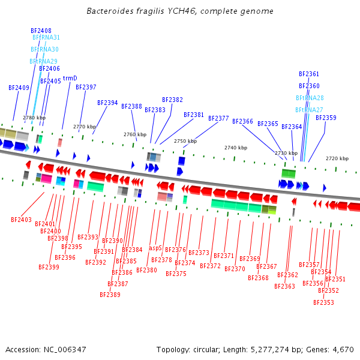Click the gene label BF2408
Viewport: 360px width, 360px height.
tap(41, 31)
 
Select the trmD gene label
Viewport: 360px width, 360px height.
tap(70, 78)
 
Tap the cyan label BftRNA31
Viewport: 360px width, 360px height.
tap(46, 37)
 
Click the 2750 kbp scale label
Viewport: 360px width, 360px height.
tap(185, 141)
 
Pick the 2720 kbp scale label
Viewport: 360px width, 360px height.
tap(337, 158)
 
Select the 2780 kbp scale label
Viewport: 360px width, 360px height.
tap(34, 118)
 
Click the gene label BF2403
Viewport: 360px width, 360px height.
tap(21, 220)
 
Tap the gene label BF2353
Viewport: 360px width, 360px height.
tap(323, 302)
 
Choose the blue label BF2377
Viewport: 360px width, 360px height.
tap(218, 118)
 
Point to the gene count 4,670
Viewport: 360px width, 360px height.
tap(342, 349)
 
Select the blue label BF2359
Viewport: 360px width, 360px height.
tap(326, 118)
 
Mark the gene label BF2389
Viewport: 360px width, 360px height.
tap(110, 295)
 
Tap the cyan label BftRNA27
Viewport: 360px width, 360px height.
tap(309, 110)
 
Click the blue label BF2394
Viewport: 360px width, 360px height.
tap(107, 103)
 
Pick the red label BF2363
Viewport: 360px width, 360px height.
tap(284, 286)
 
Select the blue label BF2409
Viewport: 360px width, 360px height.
tap(19, 88)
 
